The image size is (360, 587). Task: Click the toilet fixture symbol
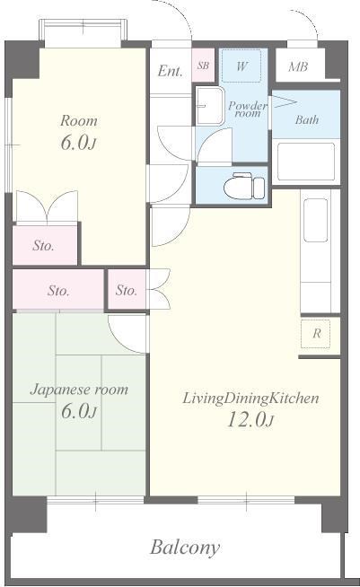coord(244,185)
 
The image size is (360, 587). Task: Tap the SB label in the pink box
coord(203,66)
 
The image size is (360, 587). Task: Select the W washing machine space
coord(241,66)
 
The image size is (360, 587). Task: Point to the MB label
coord(298,66)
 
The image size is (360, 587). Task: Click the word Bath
coord(307,119)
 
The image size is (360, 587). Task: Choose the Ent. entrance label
coord(170,71)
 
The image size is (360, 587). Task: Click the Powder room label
coord(248,109)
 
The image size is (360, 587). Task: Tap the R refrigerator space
coord(316,333)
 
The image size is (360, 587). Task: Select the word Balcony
coord(185,548)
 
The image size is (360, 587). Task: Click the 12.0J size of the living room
coord(250,419)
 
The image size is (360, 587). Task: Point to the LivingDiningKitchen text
coord(250,398)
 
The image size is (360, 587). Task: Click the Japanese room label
coord(79,390)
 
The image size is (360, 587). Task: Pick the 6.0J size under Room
coord(78,143)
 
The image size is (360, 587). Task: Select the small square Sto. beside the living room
coord(127,290)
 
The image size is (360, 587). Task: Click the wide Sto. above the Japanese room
coord(58,291)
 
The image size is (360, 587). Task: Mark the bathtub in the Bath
coord(306,162)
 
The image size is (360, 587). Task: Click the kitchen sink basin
coord(315,220)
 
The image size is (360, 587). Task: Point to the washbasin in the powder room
coord(209,107)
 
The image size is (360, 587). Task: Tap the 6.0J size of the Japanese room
coord(79,411)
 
